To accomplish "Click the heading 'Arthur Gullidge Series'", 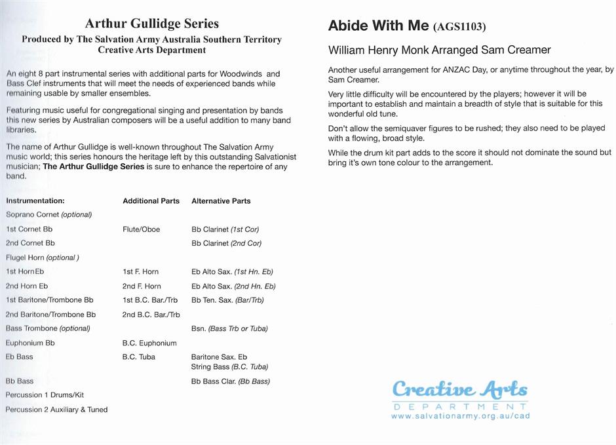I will [x=152, y=24].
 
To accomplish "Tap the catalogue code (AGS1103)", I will [x=459, y=28].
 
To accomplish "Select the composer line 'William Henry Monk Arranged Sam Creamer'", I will [x=439, y=50].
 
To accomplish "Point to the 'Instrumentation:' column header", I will [x=35, y=201].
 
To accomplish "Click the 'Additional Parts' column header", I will [x=151, y=201].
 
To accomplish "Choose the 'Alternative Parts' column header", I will [x=221, y=201].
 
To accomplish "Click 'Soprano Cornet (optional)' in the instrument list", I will [x=48, y=214].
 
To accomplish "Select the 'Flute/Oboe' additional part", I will [x=141, y=229].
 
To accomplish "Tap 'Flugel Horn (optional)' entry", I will [x=42, y=258].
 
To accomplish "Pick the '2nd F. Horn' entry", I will [x=141, y=286].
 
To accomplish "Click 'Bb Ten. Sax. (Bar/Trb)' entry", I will [x=227, y=300].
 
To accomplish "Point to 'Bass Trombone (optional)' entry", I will [x=48, y=328].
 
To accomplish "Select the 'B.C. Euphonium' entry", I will [x=149, y=343].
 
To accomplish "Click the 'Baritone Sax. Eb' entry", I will [x=219, y=357].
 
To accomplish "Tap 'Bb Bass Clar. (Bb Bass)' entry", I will [x=231, y=381].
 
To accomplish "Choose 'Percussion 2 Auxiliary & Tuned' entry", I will [x=56, y=410].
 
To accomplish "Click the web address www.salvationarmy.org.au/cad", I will [x=460, y=416].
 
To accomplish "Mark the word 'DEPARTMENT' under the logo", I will [x=460, y=407].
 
